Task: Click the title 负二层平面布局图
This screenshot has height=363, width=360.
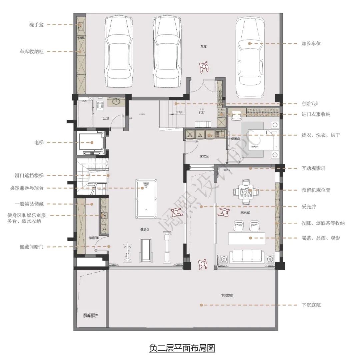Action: coord(182,348)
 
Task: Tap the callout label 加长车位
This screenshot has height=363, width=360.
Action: coord(311,43)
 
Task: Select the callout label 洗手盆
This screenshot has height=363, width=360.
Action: coord(36,25)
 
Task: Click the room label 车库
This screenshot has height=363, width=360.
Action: coord(203,47)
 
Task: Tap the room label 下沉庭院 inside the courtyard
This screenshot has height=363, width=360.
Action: coord(227,296)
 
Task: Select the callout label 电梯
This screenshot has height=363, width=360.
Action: coord(39,142)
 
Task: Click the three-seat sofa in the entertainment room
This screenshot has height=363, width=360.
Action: coord(247,256)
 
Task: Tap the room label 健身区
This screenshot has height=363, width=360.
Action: coord(145,229)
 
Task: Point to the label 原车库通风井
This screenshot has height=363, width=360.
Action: coord(90,315)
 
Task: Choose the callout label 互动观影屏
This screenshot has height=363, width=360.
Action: coord(313,168)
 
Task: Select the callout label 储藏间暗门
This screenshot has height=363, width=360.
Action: coord(34,247)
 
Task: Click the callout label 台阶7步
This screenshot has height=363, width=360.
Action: coord(310,104)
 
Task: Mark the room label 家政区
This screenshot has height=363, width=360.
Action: coord(204,156)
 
